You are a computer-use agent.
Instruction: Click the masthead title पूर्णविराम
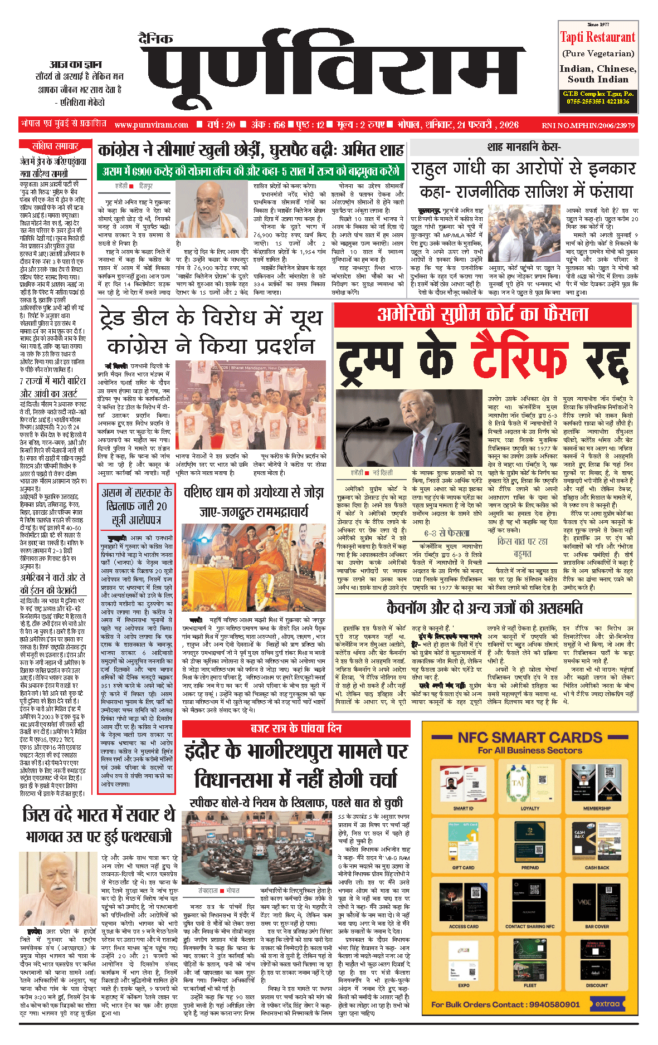(x=332, y=70)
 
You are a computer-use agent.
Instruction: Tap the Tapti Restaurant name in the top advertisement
(x=597, y=37)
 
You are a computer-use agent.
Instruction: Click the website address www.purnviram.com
(x=152, y=125)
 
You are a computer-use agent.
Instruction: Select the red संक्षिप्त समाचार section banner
(x=55, y=147)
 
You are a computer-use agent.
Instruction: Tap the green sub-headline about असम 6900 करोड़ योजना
(x=251, y=171)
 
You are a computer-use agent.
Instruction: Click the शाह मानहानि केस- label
(x=524, y=147)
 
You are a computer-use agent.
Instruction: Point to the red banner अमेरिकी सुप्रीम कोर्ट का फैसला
(x=482, y=314)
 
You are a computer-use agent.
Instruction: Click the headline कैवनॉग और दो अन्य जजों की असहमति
(x=484, y=608)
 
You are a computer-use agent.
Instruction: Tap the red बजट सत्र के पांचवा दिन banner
(x=296, y=729)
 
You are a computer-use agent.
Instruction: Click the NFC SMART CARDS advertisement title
(x=529, y=738)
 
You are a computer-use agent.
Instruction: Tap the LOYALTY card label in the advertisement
(x=530, y=808)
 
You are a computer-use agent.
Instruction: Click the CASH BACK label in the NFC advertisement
(x=597, y=867)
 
